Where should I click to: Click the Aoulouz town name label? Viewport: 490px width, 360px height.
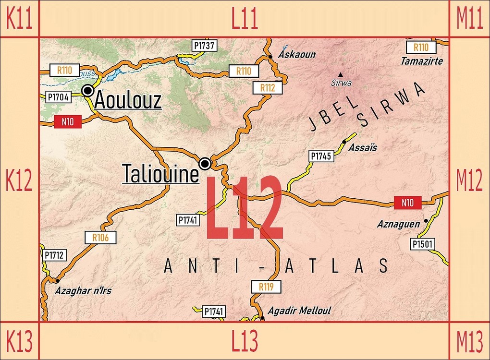(128, 100)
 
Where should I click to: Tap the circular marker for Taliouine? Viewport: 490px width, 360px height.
(205, 164)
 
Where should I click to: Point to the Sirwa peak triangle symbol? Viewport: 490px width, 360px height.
(341, 74)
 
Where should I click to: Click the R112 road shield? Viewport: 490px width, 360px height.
(268, 88)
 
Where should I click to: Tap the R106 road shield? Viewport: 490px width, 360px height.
(100, 237)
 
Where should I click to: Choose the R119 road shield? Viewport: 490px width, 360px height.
(266, 287)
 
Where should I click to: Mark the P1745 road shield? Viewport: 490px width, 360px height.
(321, 156)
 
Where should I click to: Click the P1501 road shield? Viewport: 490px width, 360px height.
(423, 244)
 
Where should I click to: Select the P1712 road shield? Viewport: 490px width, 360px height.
(54, 255)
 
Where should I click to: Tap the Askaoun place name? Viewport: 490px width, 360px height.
(297, 54)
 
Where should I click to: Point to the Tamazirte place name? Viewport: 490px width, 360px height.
(422, 61)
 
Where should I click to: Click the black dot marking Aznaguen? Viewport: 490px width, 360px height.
(426, 221)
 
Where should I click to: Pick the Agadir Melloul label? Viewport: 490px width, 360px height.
(299, 311)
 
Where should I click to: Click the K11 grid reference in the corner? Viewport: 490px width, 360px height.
(19, 19)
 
